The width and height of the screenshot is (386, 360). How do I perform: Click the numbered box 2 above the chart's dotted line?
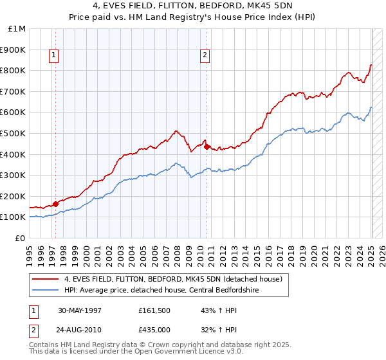(205, 56)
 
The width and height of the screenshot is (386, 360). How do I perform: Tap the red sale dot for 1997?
(55, 204)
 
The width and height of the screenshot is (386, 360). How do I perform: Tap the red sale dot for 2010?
(207, 147)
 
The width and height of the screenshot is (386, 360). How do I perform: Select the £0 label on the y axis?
(21, 238)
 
